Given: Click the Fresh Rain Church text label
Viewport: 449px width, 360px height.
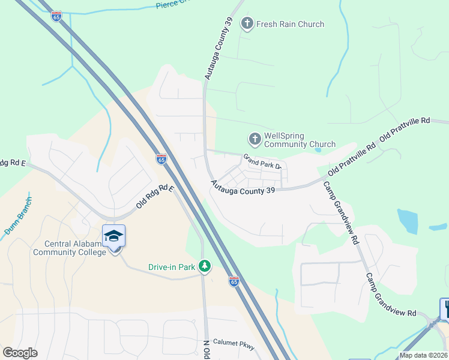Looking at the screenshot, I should coord(290,24).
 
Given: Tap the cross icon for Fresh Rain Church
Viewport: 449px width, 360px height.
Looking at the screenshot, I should coord(247,24).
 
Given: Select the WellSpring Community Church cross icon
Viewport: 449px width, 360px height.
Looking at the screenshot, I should coord(255,139).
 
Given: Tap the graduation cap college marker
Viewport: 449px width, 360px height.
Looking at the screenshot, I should coord(113,236).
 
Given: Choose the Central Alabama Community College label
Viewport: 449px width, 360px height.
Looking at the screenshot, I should coord(76,248).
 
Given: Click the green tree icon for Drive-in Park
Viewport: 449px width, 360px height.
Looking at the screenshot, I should coord(205,266).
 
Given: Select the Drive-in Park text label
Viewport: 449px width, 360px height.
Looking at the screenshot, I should coord(172,267).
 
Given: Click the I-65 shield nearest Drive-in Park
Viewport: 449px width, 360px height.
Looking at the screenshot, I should coord(234,281).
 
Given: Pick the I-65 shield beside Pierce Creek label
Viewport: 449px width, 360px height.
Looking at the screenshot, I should coord(56,17).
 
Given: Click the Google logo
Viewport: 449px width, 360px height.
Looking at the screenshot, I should coord(20,353).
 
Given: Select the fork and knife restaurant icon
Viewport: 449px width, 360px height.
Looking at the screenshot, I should coord(445,309).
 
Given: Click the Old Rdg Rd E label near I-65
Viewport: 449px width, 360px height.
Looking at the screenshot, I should coord(154,197).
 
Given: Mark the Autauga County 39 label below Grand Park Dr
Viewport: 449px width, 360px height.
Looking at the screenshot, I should coord(243,188).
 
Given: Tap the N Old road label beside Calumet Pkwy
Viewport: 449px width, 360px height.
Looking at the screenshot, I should coord(206,349).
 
